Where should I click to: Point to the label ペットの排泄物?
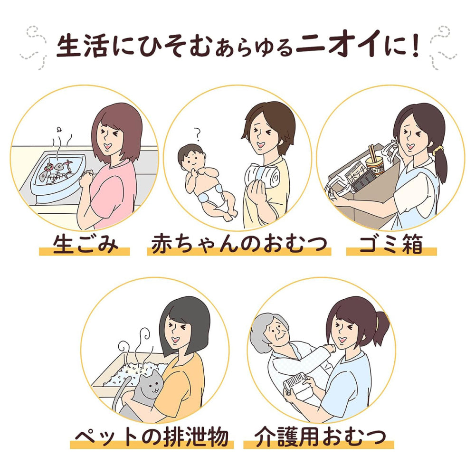coord(152,437)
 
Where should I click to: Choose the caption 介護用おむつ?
coord(320,437)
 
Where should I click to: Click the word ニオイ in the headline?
coord(337,45)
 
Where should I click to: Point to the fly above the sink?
coord(59,129)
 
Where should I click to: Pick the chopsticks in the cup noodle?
coord(372,154)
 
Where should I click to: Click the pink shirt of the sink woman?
coord(113,194)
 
